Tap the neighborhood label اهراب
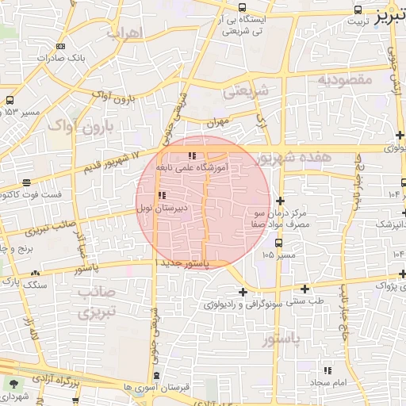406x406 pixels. (124, 33)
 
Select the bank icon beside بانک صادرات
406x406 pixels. (60, 46)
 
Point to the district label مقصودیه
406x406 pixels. (345, 80)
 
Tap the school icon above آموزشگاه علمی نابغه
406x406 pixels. (190, 155)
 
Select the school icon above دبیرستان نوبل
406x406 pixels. (162, 195)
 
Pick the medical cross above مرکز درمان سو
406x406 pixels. (281, 201)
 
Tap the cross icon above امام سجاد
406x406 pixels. (327, 370)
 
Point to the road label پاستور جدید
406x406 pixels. (187, 263)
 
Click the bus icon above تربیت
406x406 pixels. (359, 10)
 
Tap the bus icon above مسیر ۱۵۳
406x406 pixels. (10, 101)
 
